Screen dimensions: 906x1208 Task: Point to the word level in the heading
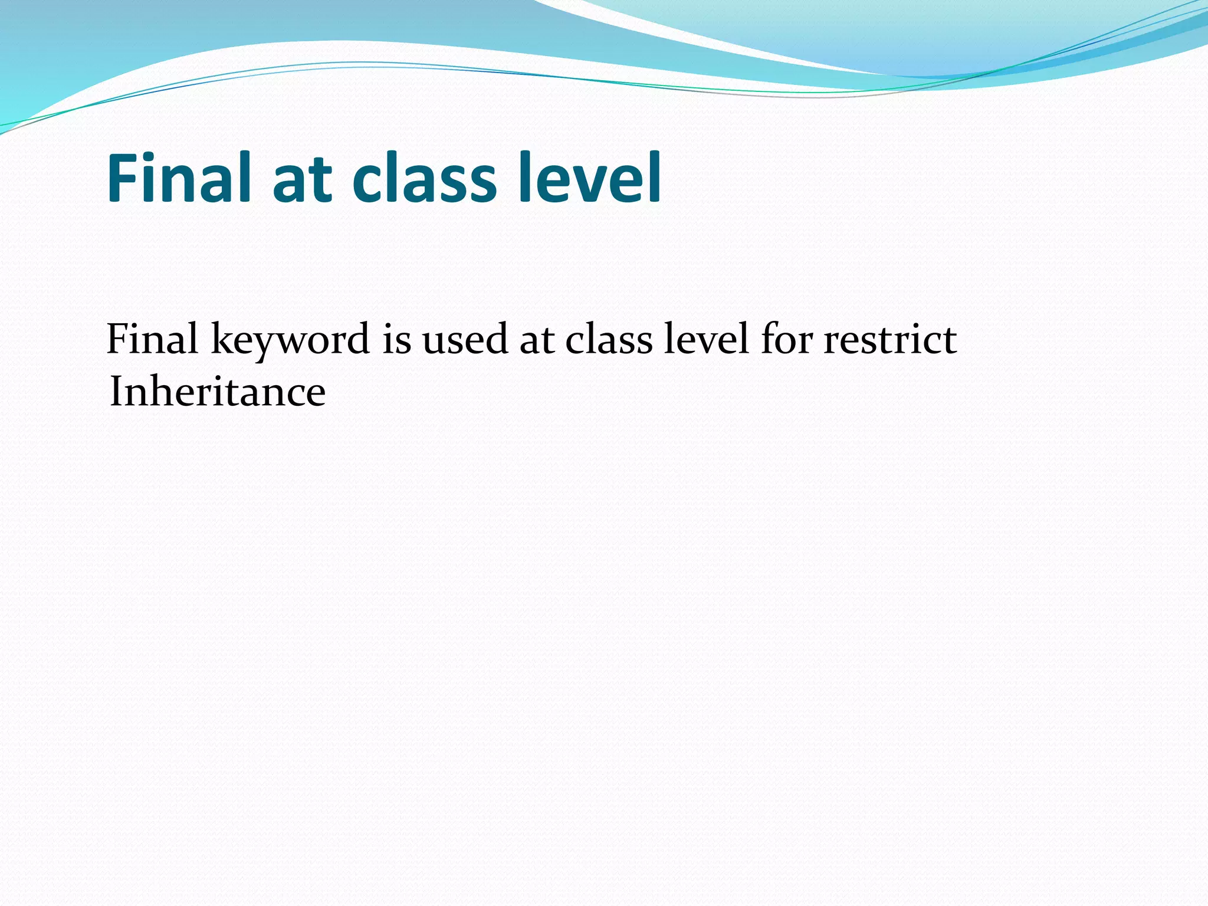(589, 178)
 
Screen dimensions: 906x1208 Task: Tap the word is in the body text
(396, 340)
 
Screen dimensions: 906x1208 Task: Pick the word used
(465, 340)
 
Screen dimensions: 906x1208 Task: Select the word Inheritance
(217, 392)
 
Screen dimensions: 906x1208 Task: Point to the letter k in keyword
(221, 339)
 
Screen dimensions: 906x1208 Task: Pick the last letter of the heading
(654, 176)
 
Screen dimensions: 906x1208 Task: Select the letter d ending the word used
(497, 340)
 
